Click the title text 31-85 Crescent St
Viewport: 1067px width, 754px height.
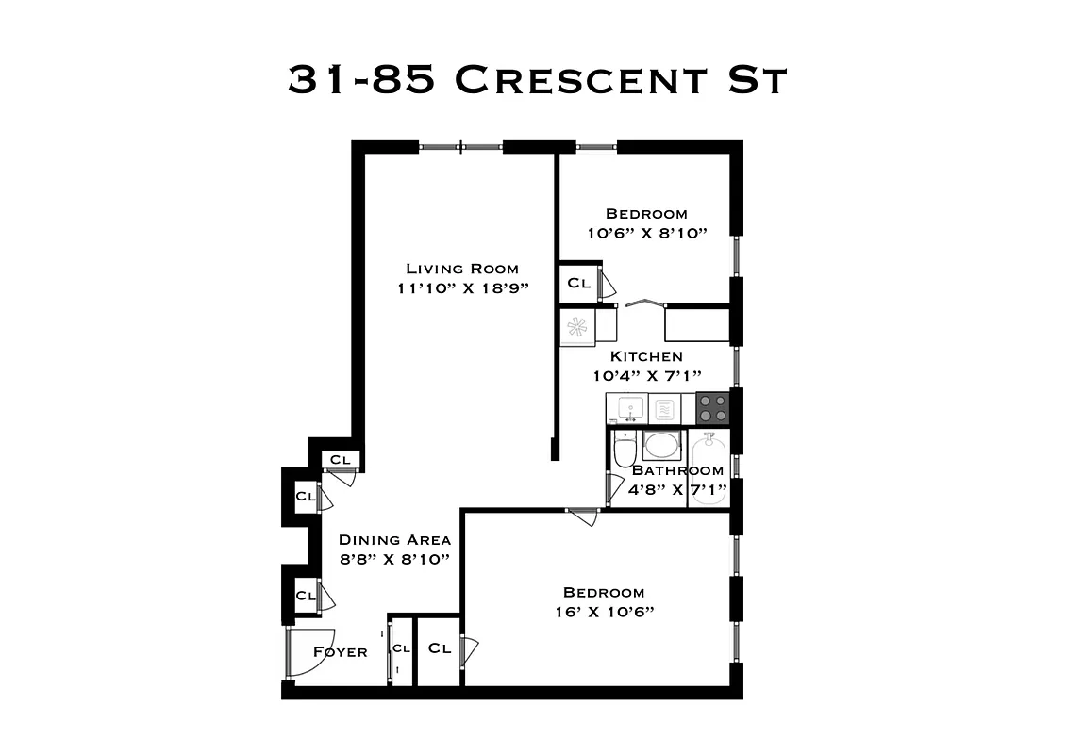536,80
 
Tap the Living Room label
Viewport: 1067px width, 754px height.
461,269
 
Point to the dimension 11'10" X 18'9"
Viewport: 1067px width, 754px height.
461,288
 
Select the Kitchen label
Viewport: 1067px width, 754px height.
646,356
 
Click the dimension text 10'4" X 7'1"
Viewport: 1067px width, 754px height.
646,375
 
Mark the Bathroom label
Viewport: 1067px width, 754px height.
677,470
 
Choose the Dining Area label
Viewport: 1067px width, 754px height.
394,540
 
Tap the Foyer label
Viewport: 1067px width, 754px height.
340,651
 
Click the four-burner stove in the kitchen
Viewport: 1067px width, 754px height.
712,408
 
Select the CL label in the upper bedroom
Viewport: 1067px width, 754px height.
578,283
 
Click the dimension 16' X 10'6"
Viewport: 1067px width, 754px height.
604,612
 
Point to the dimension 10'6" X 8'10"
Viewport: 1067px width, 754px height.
646,233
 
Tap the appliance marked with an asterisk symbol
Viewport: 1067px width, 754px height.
576,327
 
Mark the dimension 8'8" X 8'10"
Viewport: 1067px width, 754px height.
394,559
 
